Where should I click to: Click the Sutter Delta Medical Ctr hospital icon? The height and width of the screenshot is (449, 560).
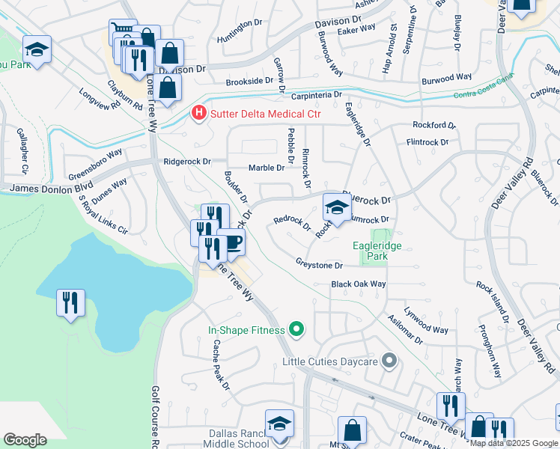pos(198,114)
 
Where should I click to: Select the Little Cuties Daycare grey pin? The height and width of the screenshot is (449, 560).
pos(389,361)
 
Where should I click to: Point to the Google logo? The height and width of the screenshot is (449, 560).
pos(25,440)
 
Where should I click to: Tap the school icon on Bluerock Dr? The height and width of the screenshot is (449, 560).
pos(337,207)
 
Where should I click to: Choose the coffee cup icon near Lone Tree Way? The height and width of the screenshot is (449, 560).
pos(232,242)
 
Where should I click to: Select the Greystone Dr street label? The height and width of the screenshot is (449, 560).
pos(318,265)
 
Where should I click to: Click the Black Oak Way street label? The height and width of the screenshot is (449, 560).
pos(359,284)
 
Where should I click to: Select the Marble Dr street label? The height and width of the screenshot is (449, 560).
pos(267,168)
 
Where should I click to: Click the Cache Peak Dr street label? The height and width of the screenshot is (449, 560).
pos(220,364)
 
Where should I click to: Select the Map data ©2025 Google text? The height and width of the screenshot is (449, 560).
pos(514,443)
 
